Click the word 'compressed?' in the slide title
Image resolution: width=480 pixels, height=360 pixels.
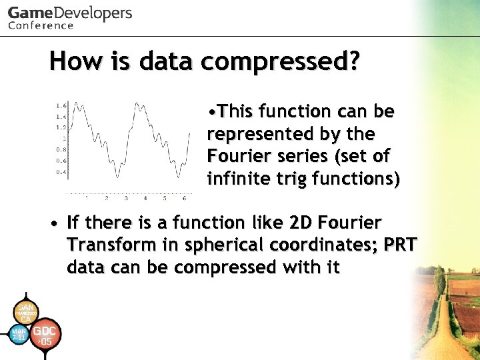pyautogui.click(x=280, y=62)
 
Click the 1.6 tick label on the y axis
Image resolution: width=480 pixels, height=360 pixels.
pyautogui.click(x=61, y=105)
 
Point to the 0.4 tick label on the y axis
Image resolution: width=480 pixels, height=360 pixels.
pyautogui.click(x=61, y=172)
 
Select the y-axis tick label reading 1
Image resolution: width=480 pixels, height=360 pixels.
pyautogui.click(x=64, y=138)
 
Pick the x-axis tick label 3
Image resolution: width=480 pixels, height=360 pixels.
pyautogui.click(x=126, y=198)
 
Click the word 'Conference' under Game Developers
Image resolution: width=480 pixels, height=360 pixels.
pyautogui.click(x=41, y=25)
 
